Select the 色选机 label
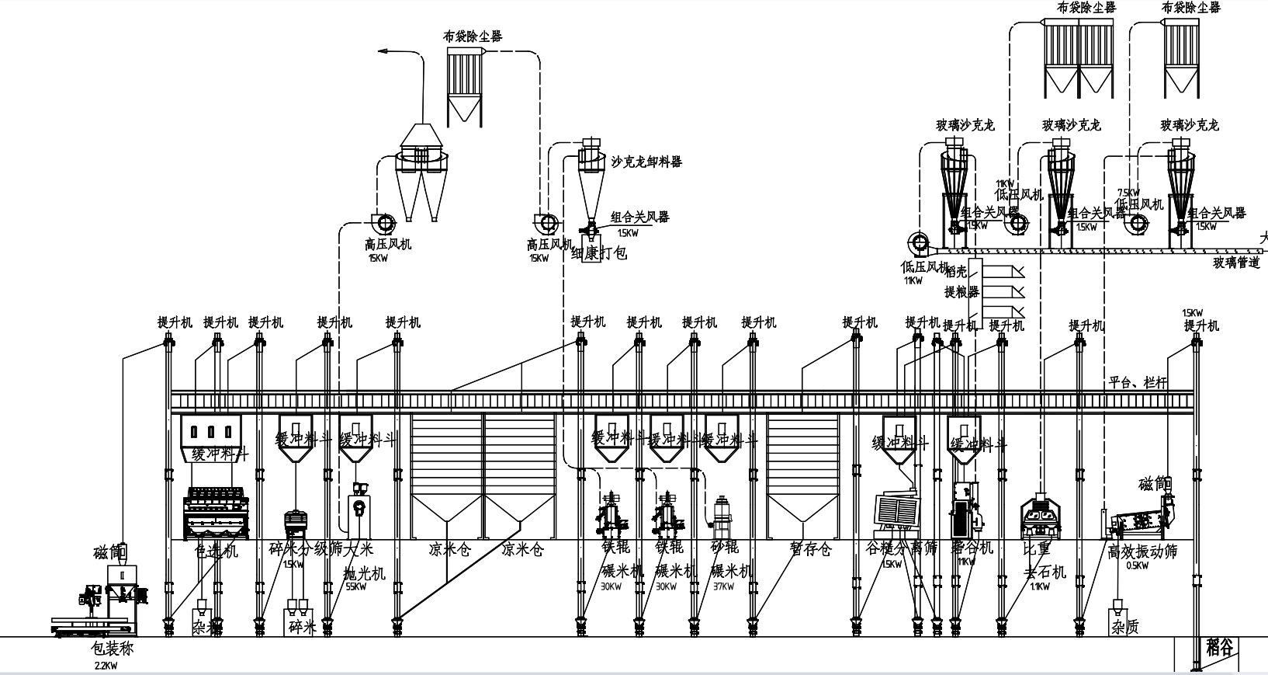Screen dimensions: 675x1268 pos(216,551)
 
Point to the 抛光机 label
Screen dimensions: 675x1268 pos(364,572)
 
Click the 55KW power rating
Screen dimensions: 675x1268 pos(356,586)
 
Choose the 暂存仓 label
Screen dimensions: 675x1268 pos(810,550)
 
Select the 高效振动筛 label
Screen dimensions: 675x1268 pos(1142,551)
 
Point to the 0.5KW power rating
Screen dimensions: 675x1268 pos(1136,565)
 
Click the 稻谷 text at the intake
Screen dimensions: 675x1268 pos(1220,646)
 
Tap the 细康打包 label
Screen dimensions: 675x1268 pos(598,253)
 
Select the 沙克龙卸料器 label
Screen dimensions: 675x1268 pos(646,162)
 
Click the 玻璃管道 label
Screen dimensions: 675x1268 pos(1237,263)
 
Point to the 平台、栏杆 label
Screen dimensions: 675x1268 pos(1138,381)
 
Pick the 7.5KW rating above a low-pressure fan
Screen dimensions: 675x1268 pos(1128,193)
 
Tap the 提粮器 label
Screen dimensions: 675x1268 pos(961,292)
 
